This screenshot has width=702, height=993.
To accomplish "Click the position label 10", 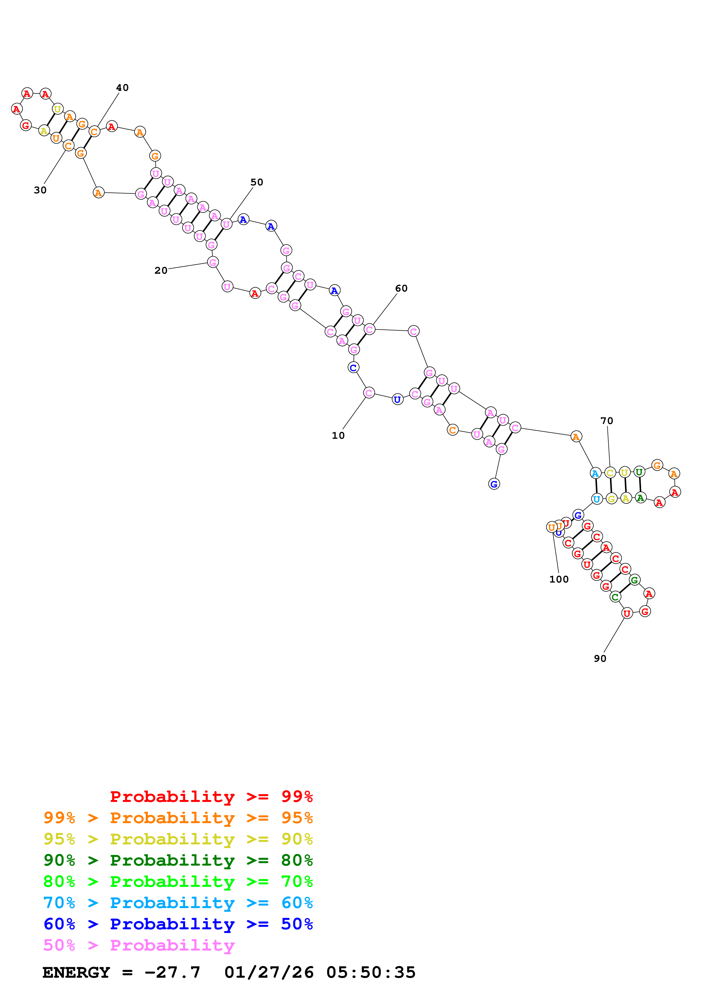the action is pyautogui.click(x=338, y=436).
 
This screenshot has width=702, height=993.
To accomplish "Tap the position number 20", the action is pyautogui.click(x=161, y=270).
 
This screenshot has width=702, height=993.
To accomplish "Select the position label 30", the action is pyautogui.click(x=40, y=190).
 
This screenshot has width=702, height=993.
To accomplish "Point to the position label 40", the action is pyautogui.click(x=122, y=87).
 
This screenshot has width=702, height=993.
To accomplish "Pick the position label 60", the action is pyautogui.click(x=401, y=288).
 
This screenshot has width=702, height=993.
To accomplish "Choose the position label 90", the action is pyautogui.click(x=600, y=658).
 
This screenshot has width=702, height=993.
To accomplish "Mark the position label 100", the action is pyautogui.click(x=559, y=579).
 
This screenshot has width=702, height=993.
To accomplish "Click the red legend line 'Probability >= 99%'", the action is pyautogui.click(x=211, y=796).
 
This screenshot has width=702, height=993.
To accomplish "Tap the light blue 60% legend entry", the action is pyautogui.click(x=178, y=903).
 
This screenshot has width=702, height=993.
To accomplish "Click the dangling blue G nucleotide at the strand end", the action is pyautogui.click(x=494, y=484).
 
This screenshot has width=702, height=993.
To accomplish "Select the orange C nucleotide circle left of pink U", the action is pyautogui.click(x=453, y=430).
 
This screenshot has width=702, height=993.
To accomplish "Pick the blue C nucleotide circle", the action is pyautogui.click(x=353, y=368).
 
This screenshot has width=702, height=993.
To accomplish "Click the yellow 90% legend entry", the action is pyautogui.click(x=178, y=839).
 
